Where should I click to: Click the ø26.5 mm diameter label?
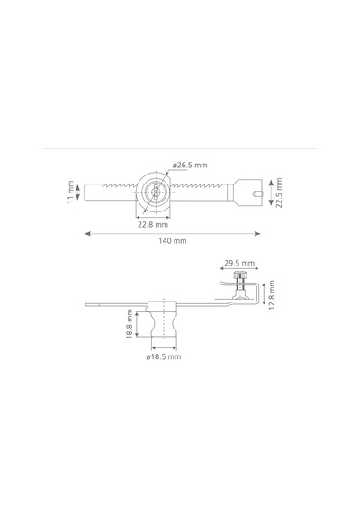coord(190,166)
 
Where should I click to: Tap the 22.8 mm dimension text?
coord(153,225)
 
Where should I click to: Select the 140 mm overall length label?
coord(173,241)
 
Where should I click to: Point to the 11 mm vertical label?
coord(71,192)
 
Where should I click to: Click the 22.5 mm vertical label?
coord(278,193)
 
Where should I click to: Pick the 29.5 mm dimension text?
coord(239,263)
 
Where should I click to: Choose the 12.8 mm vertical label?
coord(272,295)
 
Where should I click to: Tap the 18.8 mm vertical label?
coord(130,324)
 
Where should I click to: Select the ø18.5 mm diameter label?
coord(163,356)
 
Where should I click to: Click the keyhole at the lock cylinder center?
coord(156,192)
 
